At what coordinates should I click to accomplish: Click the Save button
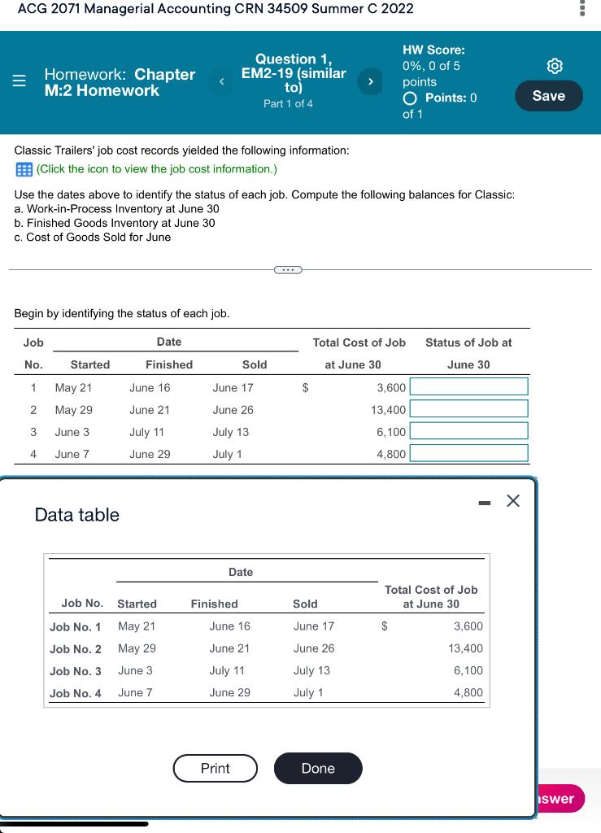point(548,96)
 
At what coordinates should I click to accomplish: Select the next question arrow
point(371,81)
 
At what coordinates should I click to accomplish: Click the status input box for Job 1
point(468,386)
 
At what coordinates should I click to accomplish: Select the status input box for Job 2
point(468,409)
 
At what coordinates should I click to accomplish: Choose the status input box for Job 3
point(468,431)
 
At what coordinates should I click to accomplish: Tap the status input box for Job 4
point(468,453)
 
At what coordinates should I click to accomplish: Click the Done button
point(317,768)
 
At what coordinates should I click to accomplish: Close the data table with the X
point(512,501)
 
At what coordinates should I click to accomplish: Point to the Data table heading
point(77,515)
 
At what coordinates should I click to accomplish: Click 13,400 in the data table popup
point(465,648)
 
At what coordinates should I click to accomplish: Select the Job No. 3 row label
point(76,671)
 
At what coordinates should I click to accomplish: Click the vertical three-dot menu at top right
point(581,9)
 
